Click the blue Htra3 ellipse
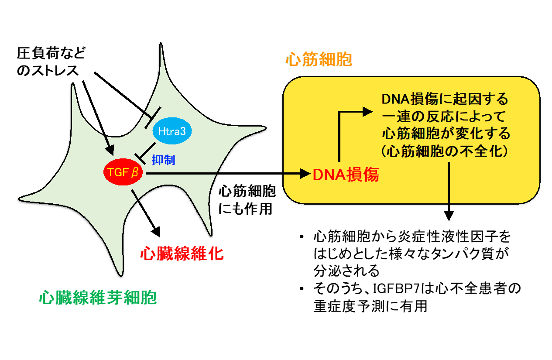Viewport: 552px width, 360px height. (x=172, y=131)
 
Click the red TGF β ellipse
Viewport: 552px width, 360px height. (x=123, y=172)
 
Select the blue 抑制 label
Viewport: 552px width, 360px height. (x=163, y=160)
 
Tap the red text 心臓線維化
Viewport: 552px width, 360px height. (x=182, y=253)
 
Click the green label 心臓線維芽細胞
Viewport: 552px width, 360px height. (x=98, y=297)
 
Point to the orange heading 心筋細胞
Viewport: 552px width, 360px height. (x=319, y=59)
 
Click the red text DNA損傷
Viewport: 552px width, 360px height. (x=346, y=175)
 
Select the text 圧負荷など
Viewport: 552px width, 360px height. (x=51, y=53)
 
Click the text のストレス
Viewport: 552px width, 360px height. (x=48, y=70)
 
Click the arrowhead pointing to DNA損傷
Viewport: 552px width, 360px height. (x=305, y=174)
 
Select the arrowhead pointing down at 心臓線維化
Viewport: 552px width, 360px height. (x=156, y=232)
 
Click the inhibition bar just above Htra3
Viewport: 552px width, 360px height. (x=153, y=117)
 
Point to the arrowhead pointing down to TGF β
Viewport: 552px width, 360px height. (x=110, y=150)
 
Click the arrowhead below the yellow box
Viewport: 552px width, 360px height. (x=449, y=216)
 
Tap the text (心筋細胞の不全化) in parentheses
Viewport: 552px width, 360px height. (x=445, y=151)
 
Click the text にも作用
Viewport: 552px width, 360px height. (x=245, y=209)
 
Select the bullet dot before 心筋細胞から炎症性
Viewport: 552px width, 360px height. (x=302, y=237)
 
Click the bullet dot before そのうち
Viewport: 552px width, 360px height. (x=302, y=288)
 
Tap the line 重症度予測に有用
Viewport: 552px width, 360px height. (x=370, y=306)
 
